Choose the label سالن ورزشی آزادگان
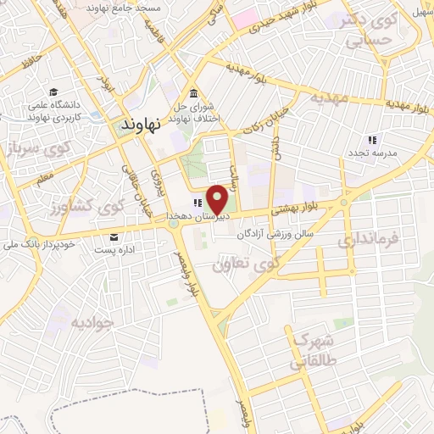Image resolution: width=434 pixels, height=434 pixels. tap(275, 231)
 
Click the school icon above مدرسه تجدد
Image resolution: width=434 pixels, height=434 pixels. tap(371, 139)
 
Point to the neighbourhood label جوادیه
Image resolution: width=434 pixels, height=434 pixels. tap(92, 322)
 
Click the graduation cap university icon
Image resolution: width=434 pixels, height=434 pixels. tap(53, 92)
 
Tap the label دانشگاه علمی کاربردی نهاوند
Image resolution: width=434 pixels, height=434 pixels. tap(55, 111)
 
